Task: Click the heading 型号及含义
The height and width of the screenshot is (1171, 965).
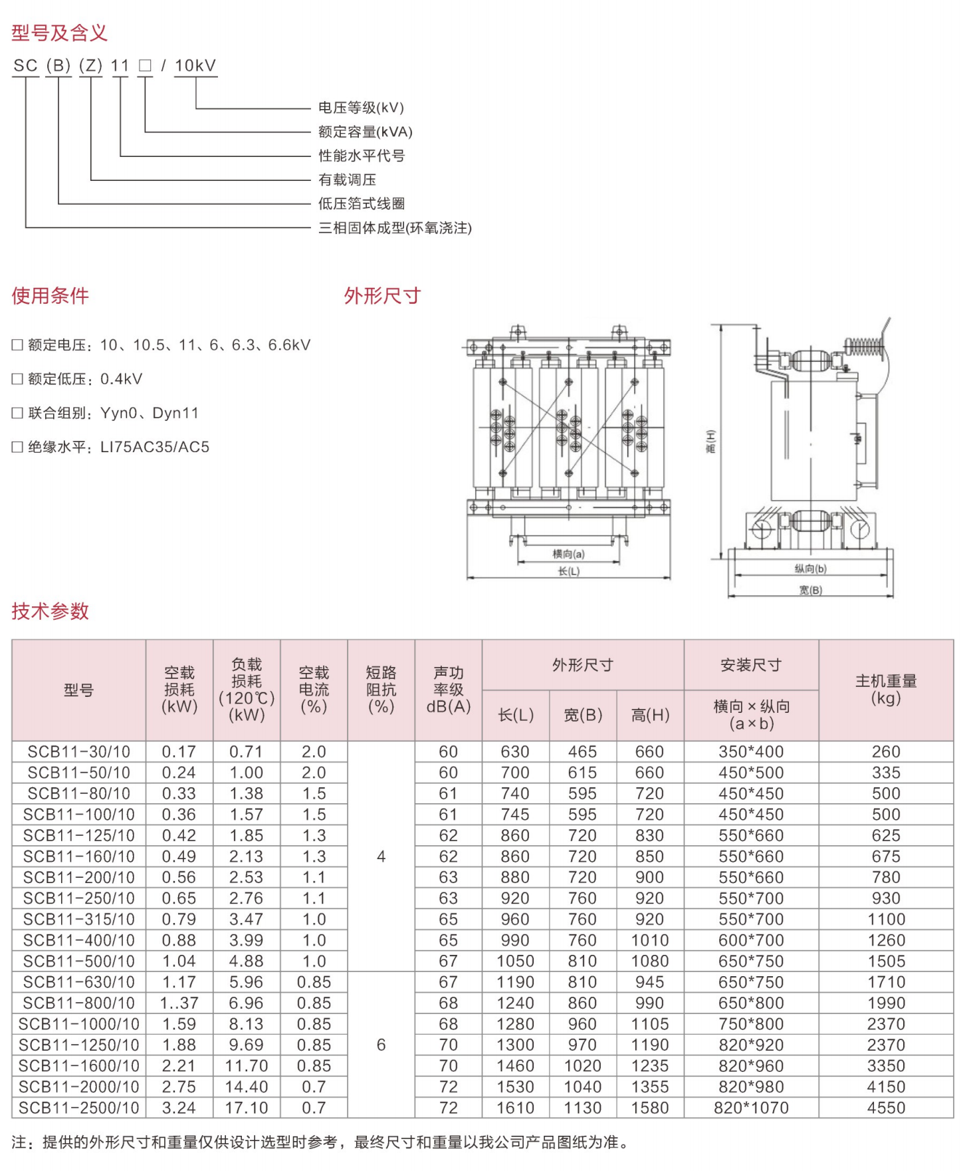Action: tap(59, 33)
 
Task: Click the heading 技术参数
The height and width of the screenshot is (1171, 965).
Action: tap(50, 611)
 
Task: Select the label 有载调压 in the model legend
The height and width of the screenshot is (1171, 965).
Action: tap(347, 180)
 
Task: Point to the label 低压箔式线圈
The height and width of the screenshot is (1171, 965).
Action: tap(361, 203)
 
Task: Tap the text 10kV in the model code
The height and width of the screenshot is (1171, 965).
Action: tap(195, 66)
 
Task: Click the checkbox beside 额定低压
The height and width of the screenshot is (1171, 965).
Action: tap(17, 379)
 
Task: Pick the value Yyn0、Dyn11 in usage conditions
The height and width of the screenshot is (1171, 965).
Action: tap(150, 413)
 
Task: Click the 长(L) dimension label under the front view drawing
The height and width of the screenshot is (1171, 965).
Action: tap(569, 571)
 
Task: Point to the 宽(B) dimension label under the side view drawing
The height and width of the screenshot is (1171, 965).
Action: tap(810, 590)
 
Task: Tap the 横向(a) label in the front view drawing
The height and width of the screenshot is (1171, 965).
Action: tap(569, 554)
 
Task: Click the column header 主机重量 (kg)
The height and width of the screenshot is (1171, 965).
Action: tap(886, 690)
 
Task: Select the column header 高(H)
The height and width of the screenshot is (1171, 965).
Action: tap(650, 715)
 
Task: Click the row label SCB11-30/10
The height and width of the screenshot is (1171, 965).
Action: tap(79, 751)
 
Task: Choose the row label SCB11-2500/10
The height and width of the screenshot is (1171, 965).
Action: tap(79, 1108)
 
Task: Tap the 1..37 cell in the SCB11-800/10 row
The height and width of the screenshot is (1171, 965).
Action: tap(179, 1003)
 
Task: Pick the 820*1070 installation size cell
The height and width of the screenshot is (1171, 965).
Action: tap(751, 1108)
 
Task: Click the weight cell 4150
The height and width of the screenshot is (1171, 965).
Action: tap(886, 1087)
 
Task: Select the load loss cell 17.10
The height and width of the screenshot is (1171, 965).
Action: tap(247, 1108)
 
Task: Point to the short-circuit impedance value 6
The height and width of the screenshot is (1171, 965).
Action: tap(381, 1045)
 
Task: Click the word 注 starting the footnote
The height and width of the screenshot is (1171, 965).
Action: tap(19, 1142)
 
